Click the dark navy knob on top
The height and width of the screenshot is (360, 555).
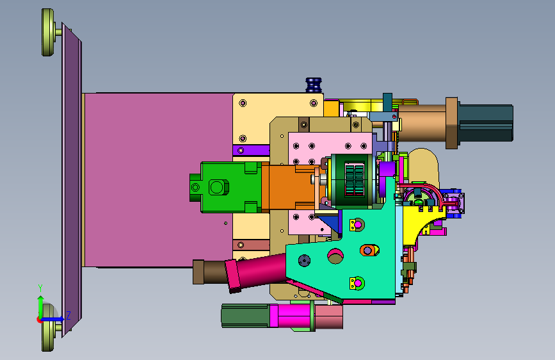(314, 85)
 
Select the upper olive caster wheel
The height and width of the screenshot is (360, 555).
(48, 32)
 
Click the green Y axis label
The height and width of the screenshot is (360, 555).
(40, 288)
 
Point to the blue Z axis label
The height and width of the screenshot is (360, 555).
(68, 315)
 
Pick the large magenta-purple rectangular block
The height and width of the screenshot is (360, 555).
(158, 179)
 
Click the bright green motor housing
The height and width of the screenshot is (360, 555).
(226, 187)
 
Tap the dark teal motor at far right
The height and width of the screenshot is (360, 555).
(486, 122)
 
